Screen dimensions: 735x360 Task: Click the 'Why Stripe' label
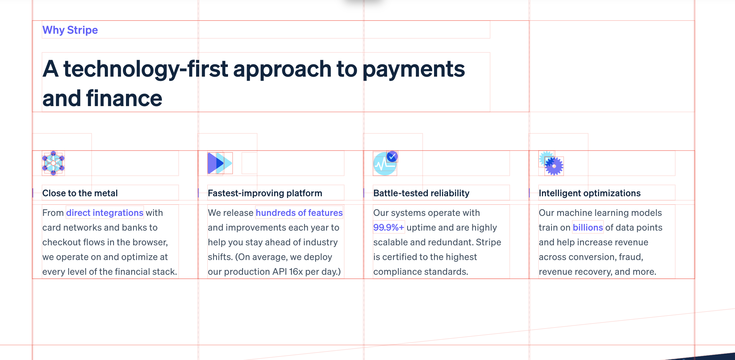click(70, 30)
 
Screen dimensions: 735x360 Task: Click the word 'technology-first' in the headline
click(146, 69)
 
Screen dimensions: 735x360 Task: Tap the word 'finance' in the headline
click(124, 98)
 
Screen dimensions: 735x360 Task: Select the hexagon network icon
click(53, 163)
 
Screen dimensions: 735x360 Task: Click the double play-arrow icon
click(220, 163)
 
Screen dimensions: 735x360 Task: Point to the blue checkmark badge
click(392, 157)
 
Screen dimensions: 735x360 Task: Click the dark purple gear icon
click(554, 166)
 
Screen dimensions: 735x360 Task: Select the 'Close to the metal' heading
click(80, 193)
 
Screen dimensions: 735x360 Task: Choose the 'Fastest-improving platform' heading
click(265, 193)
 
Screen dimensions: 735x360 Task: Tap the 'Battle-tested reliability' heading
click(421, 193)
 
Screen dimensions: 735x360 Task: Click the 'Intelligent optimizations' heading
click(590, 193)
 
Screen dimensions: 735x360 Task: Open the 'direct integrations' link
click(105, 213)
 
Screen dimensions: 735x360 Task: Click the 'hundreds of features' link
click(299, 213)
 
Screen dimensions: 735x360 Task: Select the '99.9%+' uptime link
click(389, 228)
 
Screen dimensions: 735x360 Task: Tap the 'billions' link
click(588, 228)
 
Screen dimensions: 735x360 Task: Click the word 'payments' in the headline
click(414, 69)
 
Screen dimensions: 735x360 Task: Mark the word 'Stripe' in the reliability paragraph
click(488, 242)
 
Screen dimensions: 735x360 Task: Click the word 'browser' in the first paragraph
click(149, 242)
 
